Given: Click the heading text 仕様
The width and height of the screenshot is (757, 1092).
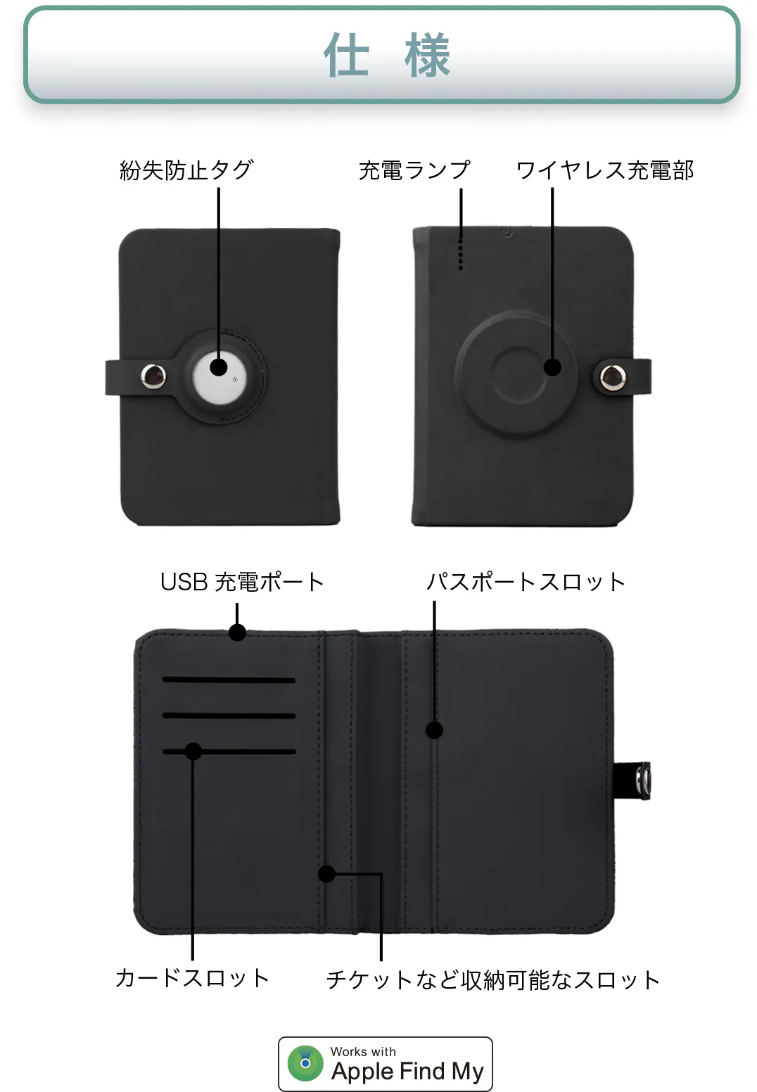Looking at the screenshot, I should point(386,56).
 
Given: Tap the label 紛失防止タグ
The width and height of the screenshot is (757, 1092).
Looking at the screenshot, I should point(186,170).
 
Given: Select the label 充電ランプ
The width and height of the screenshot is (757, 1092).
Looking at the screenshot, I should point(414,170).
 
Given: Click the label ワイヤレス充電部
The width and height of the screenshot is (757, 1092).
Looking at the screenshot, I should point(604,170).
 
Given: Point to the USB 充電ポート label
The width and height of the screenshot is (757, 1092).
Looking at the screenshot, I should point(242,582).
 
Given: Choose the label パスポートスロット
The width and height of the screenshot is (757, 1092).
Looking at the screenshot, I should point(526,582).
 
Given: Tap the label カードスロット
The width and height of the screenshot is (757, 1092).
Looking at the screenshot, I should point(192,977).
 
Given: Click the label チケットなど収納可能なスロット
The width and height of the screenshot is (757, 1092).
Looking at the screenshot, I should point(492,979).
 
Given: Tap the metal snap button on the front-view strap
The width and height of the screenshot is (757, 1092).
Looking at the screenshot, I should point(153,376).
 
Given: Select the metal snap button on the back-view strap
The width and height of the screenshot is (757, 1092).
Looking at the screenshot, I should point(613,377).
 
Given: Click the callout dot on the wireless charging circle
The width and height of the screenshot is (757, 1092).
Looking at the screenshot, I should point(553,367).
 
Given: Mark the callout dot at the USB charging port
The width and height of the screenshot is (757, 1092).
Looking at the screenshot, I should point(238,633).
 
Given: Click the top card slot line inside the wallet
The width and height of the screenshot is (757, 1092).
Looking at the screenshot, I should point(229,680).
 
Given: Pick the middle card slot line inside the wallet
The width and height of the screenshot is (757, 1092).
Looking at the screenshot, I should point(229,716).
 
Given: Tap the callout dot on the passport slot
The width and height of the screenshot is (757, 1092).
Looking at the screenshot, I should point(435,730).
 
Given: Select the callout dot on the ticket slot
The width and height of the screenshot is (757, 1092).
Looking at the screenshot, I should point(326,874).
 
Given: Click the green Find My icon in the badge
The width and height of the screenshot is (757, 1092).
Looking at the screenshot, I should point(305,1063).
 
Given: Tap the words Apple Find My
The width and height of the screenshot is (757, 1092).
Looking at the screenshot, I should point(407,1071).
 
